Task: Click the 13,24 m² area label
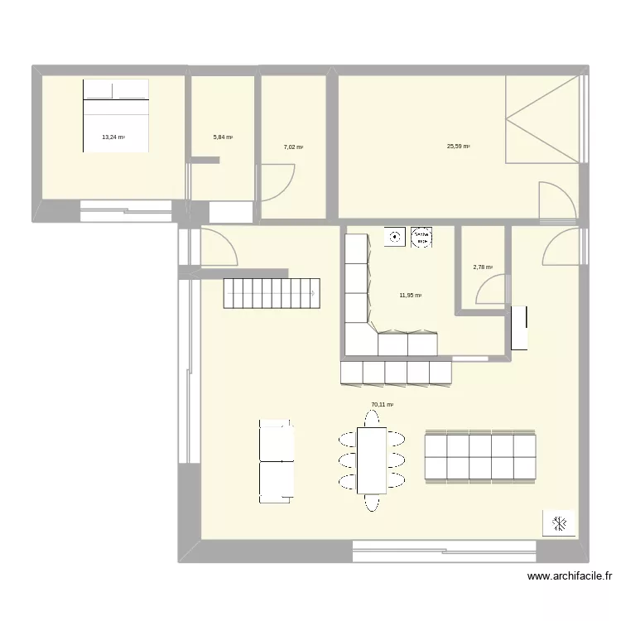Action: point(113,137)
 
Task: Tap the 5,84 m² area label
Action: point(223,137)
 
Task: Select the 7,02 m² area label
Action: point(293,147)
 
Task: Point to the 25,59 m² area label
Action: point(458,147)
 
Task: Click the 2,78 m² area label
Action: point(483,267)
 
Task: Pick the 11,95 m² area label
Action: point(411,295)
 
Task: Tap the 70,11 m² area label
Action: point(382,405)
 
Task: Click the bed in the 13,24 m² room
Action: point(116,115)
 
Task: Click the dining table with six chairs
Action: point(372,460)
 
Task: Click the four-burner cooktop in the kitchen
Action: point(422,237)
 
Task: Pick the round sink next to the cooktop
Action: point(396,237)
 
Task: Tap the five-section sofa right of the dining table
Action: point(480,455)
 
